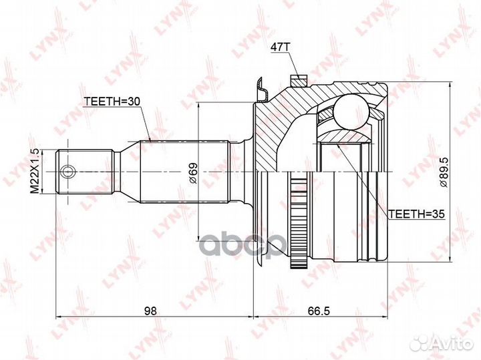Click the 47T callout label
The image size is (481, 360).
click(x=280, y=47)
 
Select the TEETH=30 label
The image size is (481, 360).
click(x=112, y=102)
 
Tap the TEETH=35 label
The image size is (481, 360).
click(x=417, y=214)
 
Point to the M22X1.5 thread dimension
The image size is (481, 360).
click(x=35, y=171)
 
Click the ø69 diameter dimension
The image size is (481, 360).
click(x=193, y=173)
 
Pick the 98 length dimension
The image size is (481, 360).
click(x=150, y=311)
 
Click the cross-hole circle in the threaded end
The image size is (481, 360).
click(x=67, y=172)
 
